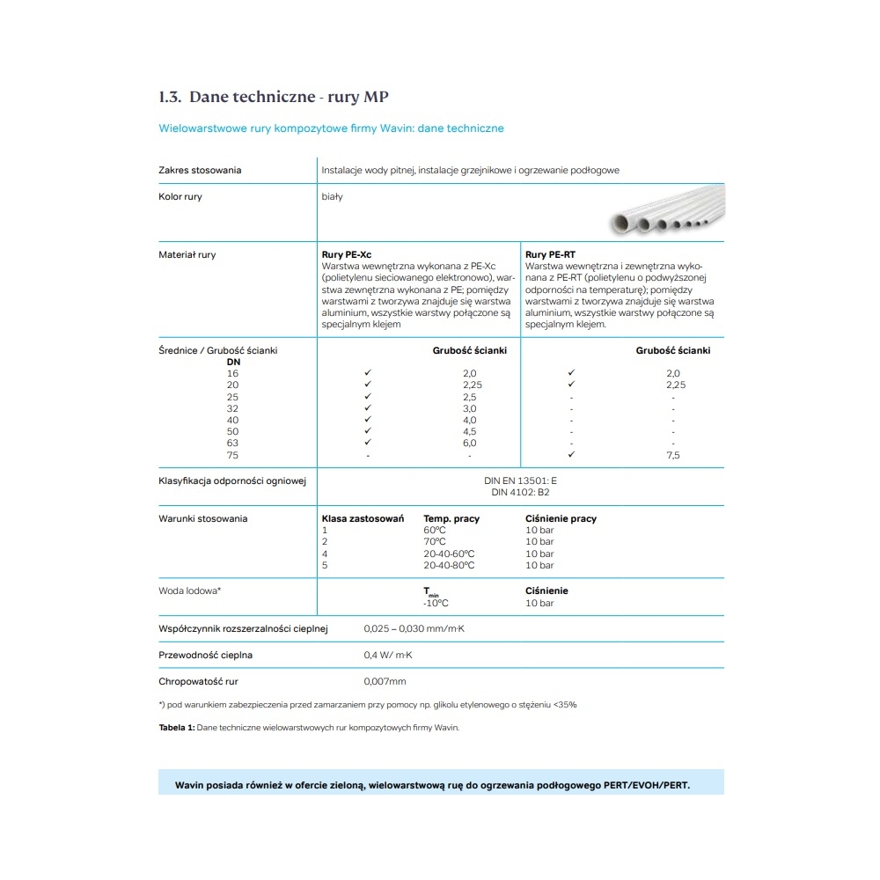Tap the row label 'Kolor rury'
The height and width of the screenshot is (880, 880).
coord(180,197)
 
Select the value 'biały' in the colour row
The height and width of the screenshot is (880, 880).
coord(333,197)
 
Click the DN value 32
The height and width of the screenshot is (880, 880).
coord(233,408)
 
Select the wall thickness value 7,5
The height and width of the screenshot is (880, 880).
coord(673,455)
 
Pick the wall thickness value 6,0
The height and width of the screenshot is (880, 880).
coord(470,444)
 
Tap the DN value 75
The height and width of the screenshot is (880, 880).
coord(233,455)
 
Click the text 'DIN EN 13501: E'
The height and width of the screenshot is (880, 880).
coord(520,481)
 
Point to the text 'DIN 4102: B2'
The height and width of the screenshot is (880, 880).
coord(520,493)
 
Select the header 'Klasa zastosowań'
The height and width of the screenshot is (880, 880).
coord(363,519)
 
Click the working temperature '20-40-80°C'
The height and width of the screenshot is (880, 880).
coord(449,565)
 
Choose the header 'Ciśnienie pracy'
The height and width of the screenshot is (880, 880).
coord(561,519)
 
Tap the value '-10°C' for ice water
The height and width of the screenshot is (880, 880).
coord(436,604)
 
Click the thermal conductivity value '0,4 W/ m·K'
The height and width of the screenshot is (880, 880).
coord(388,656)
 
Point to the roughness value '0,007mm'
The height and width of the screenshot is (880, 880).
coord(385,682)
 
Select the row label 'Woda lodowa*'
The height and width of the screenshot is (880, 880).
coord(189,591)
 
